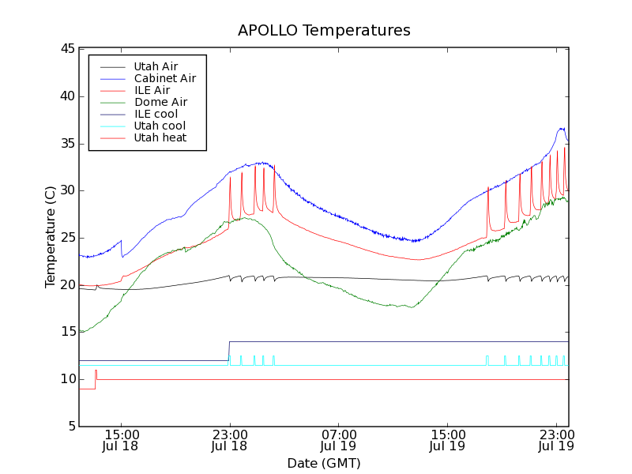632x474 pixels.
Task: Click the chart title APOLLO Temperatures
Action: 324,31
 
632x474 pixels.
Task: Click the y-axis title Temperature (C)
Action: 50,237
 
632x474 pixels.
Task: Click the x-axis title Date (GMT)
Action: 324,463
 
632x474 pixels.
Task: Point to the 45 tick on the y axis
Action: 66,49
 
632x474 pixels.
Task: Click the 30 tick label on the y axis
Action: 66,190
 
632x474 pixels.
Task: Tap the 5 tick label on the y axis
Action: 70,427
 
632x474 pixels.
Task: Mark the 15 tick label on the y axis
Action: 66,332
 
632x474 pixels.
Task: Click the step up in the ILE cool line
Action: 229,351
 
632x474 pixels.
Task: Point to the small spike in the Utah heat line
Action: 96,371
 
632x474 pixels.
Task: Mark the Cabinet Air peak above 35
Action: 561,129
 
